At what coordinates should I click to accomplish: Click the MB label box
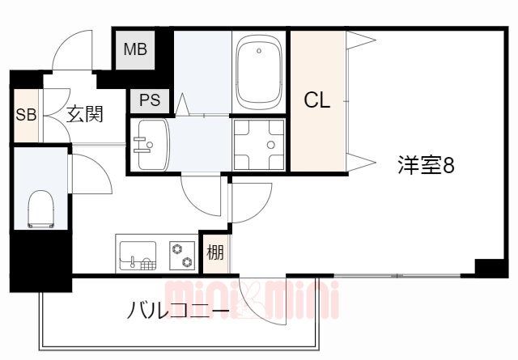[134, 49]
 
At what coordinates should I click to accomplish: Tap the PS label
[150, 100]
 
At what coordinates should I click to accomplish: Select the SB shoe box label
[25, 114]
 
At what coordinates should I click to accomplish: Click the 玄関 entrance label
[84, 114]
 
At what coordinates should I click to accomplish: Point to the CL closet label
[316, 100]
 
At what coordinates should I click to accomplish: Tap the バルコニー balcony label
[176, 310]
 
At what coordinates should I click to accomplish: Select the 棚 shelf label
[214, 252]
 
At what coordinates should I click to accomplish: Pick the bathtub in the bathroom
[259, 71]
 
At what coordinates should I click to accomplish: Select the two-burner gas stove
[181, 254]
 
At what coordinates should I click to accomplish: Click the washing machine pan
[259, 145]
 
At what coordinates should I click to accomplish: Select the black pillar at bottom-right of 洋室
[490, 267]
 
